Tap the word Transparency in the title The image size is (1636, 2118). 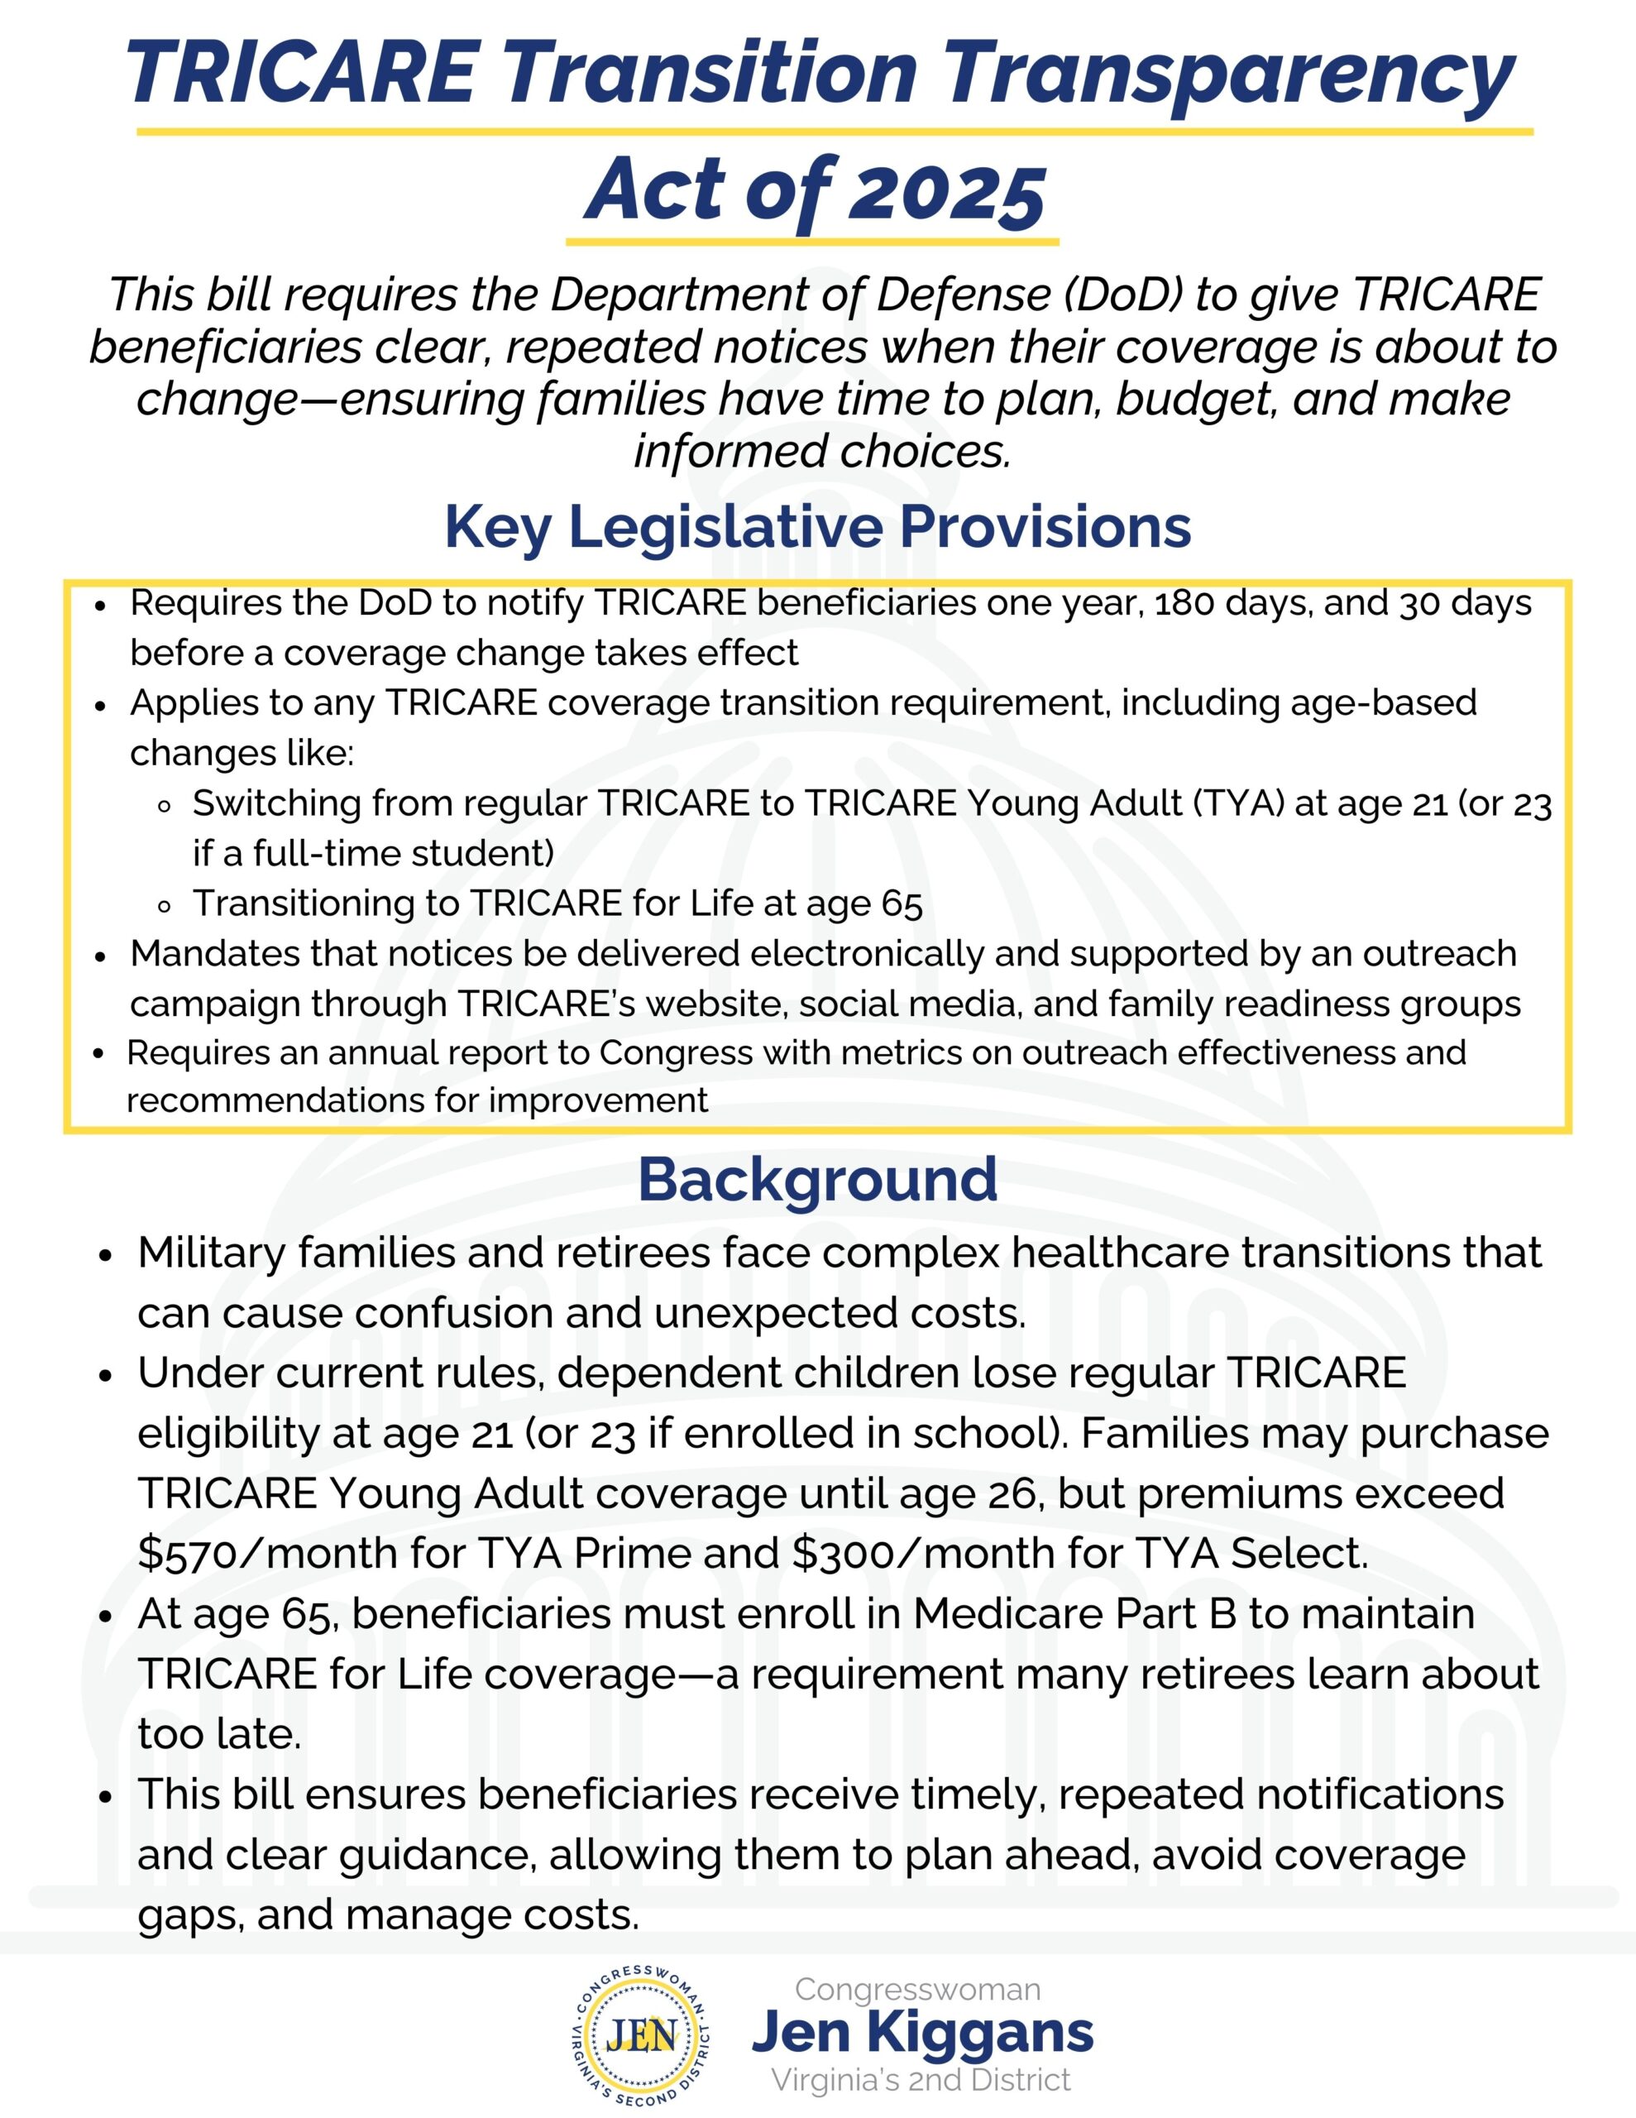coord(1230,74)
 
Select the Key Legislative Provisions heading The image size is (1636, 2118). coord(817,528)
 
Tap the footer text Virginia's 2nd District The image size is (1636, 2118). coord(921,2080)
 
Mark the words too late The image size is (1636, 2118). coord(219,1734)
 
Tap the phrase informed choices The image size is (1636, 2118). coord(822,452)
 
